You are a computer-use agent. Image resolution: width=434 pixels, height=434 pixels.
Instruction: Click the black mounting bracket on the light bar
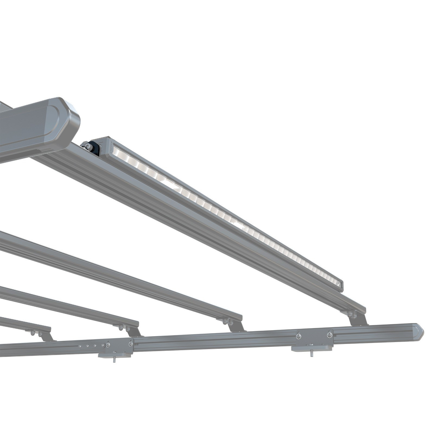tap(94, 148)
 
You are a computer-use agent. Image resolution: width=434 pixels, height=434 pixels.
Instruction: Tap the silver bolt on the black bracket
tap(87, 146)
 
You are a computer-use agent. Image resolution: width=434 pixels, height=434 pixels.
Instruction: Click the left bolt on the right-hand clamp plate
tap(298, 336)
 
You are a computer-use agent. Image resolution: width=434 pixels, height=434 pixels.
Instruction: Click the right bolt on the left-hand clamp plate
tap(130, 344)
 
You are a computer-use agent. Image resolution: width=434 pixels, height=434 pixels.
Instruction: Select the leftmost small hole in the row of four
tap(79, 346)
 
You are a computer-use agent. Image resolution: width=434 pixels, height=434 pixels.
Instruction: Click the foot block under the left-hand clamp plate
tap(115, 355)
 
